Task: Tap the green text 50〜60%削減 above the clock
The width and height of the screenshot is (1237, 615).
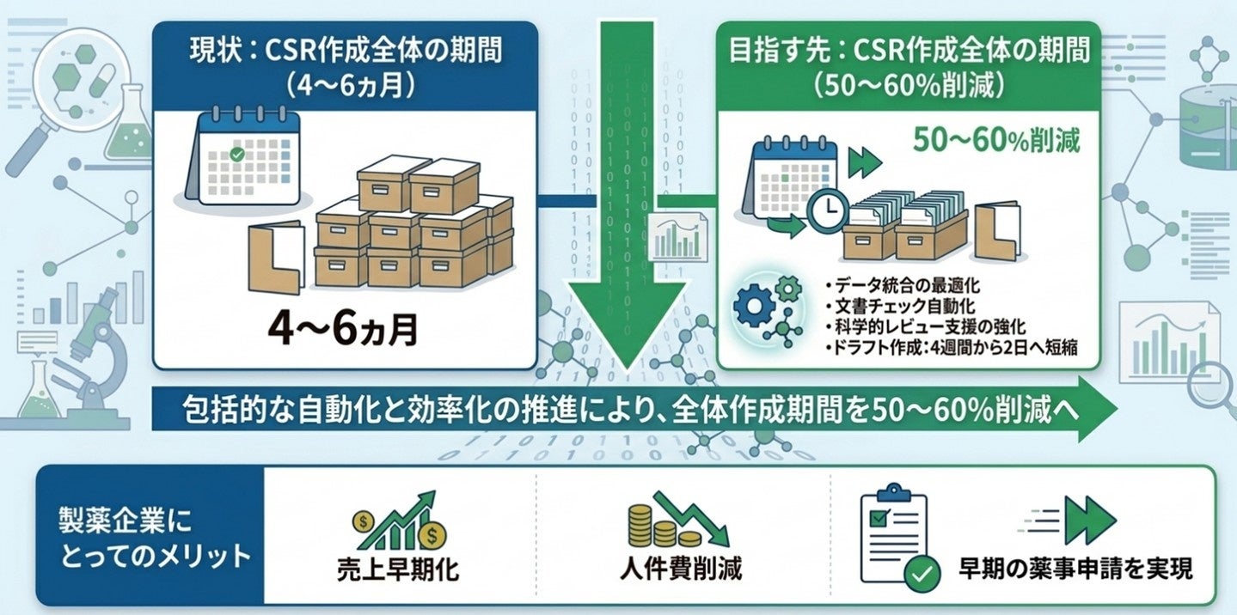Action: coord(994,140)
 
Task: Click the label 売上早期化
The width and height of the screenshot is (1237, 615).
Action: coord(397,569)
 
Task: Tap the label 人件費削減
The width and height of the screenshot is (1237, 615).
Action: coord(680,569)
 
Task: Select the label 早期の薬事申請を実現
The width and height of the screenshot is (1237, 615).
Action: coord(1075,569)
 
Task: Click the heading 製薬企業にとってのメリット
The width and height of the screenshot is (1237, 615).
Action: coord(148,537)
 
